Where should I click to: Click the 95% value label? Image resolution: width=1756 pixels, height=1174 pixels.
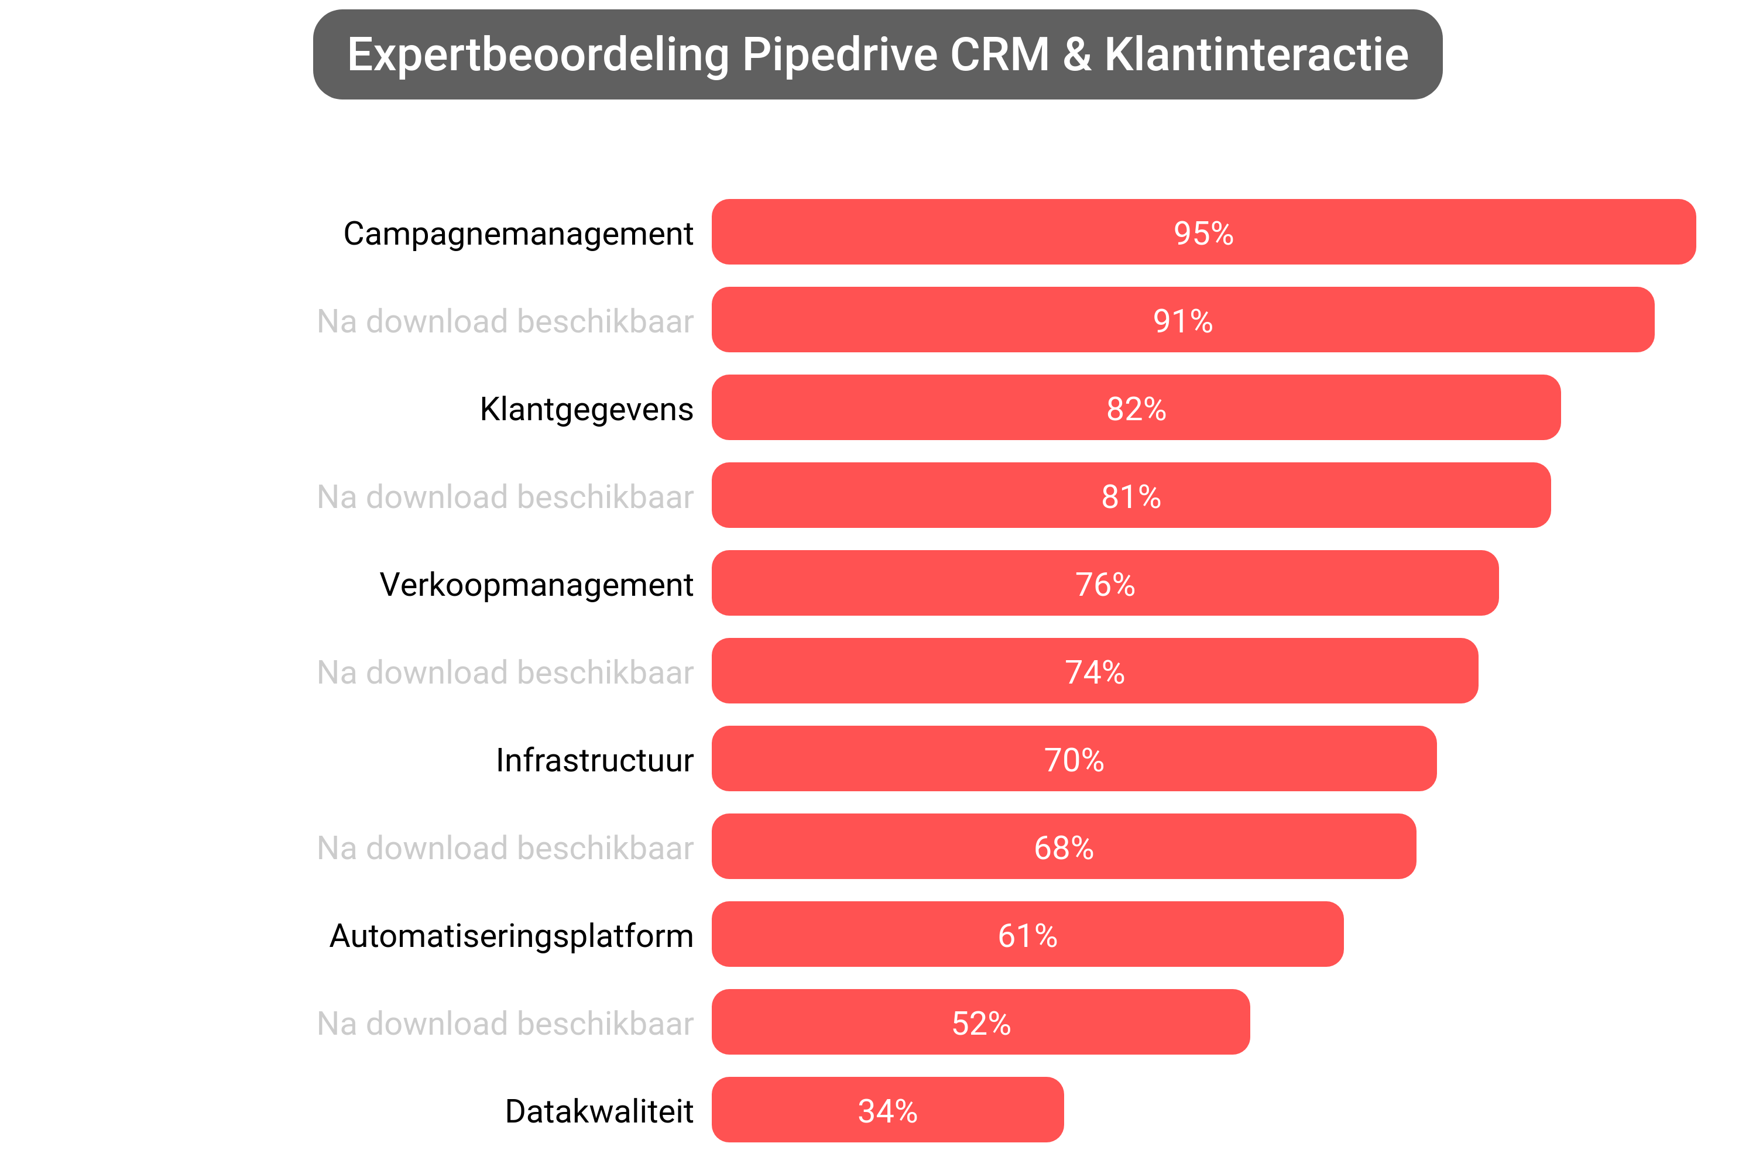click(x=1203, y=233)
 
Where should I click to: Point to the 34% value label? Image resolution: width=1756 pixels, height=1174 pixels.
click(x=887, y=1110)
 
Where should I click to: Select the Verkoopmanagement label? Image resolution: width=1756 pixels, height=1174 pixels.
click(x=536, y=585)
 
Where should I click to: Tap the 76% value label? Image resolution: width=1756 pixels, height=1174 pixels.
click(x=1105, y=584)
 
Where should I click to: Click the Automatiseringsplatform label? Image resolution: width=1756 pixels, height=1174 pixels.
click(x=512, y=936)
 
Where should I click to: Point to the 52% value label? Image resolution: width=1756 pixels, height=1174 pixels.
click(x=981, y=1023)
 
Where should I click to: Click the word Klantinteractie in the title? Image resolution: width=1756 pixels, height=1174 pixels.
click(x=1256, y=54)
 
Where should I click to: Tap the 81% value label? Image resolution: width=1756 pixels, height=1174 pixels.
click(x=1131, y=496)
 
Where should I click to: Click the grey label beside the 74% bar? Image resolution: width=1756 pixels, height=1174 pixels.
click(x=506, y=672)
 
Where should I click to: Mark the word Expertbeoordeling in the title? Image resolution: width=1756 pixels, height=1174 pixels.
click(x=538, y=54)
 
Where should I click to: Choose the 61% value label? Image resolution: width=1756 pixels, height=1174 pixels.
click(x=1027, y=935)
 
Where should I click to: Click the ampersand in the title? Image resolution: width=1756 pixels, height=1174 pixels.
click(x=1076, y=54)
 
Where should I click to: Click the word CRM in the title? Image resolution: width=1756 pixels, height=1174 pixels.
click(x=1000, y=54)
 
